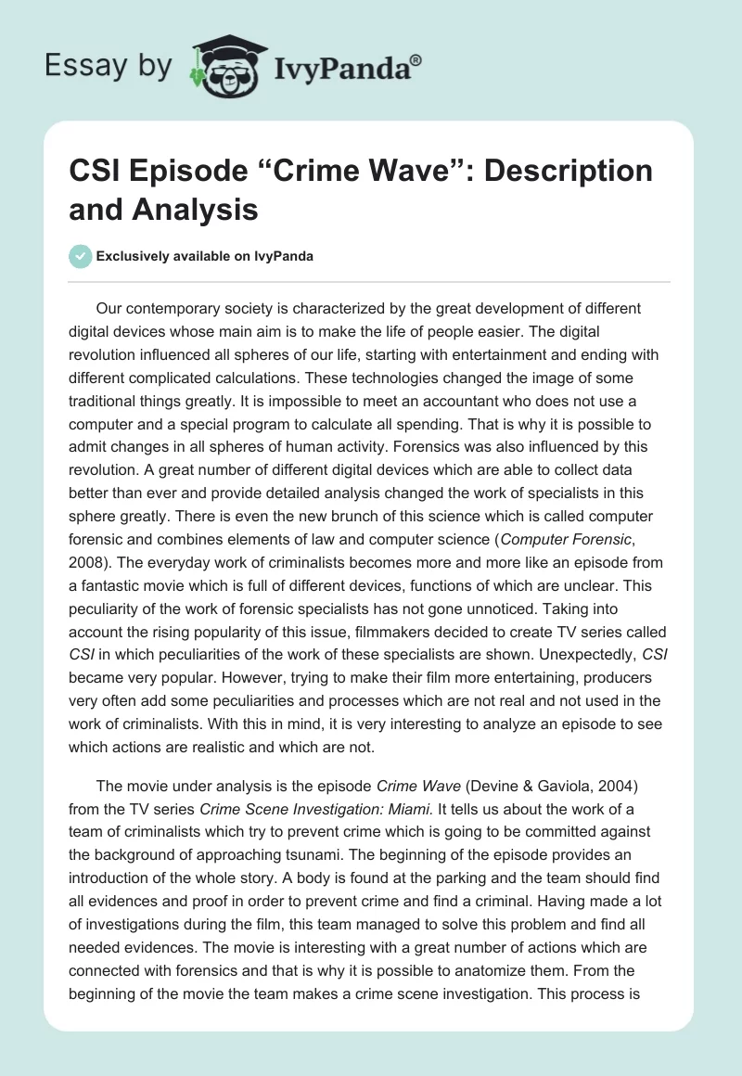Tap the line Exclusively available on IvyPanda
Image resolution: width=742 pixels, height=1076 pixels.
(204, 257)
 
